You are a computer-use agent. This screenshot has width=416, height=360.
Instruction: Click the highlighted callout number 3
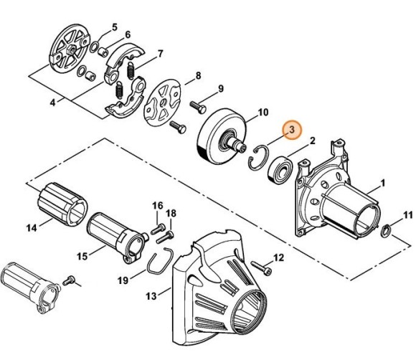(292, 129)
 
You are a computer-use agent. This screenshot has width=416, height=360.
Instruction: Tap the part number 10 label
(263, 112)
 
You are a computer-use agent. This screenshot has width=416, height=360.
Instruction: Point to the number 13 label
(151, 295)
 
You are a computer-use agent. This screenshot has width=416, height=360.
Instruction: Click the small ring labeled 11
(385, 231)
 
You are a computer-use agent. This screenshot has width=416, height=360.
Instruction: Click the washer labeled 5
(95, 46)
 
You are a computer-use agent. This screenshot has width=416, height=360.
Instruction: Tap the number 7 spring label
(161, 53)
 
